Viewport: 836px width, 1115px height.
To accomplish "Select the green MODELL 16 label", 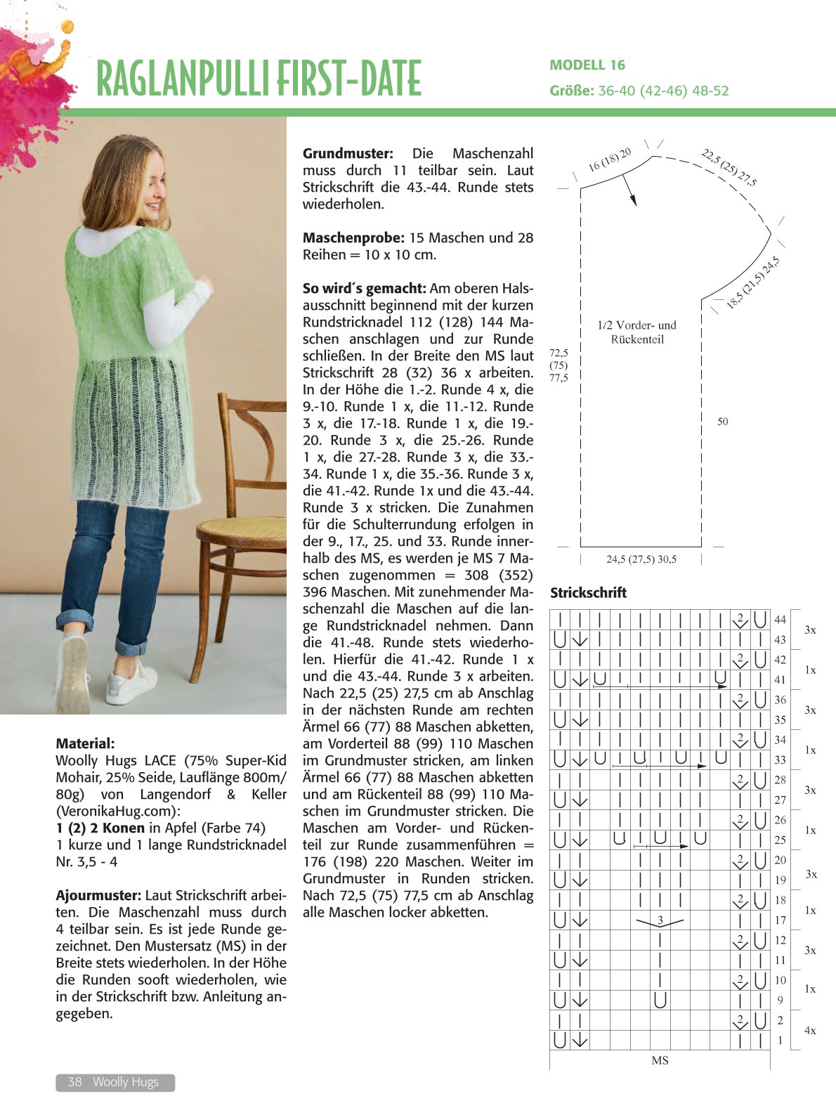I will (x=587, y=65).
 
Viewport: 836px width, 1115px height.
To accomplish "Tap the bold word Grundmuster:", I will (x=348, y=153).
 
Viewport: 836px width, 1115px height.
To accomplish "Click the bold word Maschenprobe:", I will (x=353, y=237).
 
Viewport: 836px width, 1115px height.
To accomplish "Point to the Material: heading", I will (x=85, y=743).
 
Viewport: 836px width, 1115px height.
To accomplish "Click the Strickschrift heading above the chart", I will (x=588, y=592).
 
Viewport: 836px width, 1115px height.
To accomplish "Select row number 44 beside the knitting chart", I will (x=780, y=620).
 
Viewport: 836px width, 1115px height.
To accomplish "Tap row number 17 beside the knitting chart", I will (x=780, y=920).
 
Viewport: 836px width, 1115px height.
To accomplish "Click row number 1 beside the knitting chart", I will (x=780, y=1041).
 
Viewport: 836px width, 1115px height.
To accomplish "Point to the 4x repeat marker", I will (x=810, y=1031).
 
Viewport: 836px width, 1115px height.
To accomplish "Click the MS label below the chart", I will (x=660, y=1060).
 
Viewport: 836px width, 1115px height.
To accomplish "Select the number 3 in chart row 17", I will (x=660, y=920).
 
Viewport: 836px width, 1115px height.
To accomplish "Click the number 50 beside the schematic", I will (x=722, y=422).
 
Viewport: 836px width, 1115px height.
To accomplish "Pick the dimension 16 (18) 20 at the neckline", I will (x=610, y=159).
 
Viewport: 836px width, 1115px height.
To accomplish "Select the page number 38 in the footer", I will (x=75, y=1082).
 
